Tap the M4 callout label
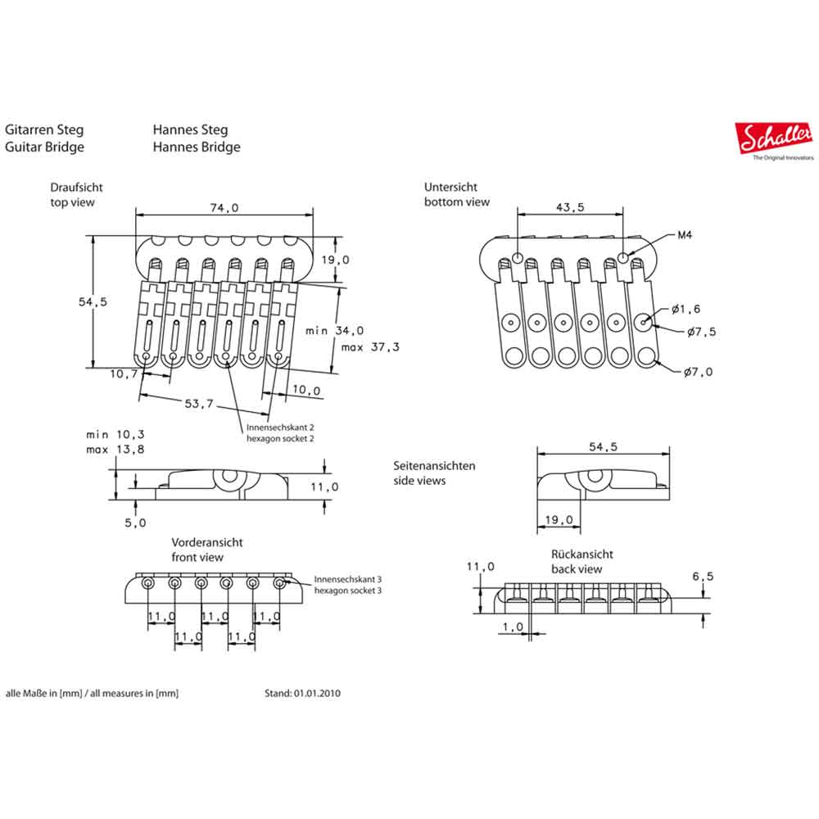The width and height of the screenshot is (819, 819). (x=686, y=236)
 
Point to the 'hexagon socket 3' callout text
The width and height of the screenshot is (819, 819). (x=347, y=590)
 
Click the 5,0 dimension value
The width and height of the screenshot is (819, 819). (x=136, y=523)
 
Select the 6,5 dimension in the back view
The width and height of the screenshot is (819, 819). (x=702, y=577)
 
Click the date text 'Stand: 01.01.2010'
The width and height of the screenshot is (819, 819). (x=302, y=693)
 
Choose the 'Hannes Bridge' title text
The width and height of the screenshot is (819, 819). (x=196, y=147)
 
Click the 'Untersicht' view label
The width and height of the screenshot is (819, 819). (x=450, y=187)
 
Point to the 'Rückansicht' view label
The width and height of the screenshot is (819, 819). (x=581, y=554)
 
